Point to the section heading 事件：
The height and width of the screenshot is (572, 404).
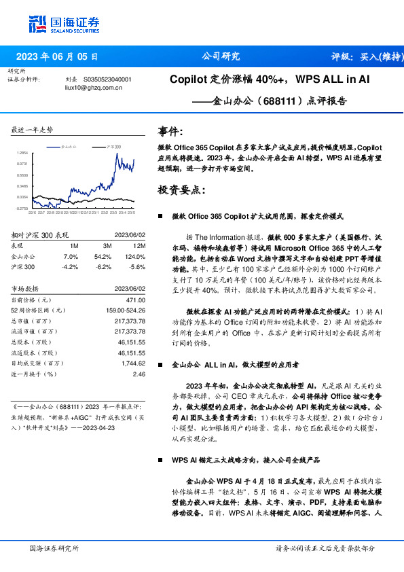tap(170, 131)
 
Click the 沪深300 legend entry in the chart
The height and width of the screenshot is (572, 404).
tap(112, 146)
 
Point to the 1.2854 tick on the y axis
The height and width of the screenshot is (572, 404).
tap(22, 154)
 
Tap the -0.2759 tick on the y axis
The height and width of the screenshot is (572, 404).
tap(22, 209)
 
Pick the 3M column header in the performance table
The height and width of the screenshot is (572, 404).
tap(107, 245)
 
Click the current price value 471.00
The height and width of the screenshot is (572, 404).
tap(136, 299)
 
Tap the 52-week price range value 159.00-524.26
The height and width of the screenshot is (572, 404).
tap(126, 310)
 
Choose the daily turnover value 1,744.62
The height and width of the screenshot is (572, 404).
tap(132, 363)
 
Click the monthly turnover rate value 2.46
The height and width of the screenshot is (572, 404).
tap(139, 374)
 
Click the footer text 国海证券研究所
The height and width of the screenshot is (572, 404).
tap(54, 548)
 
